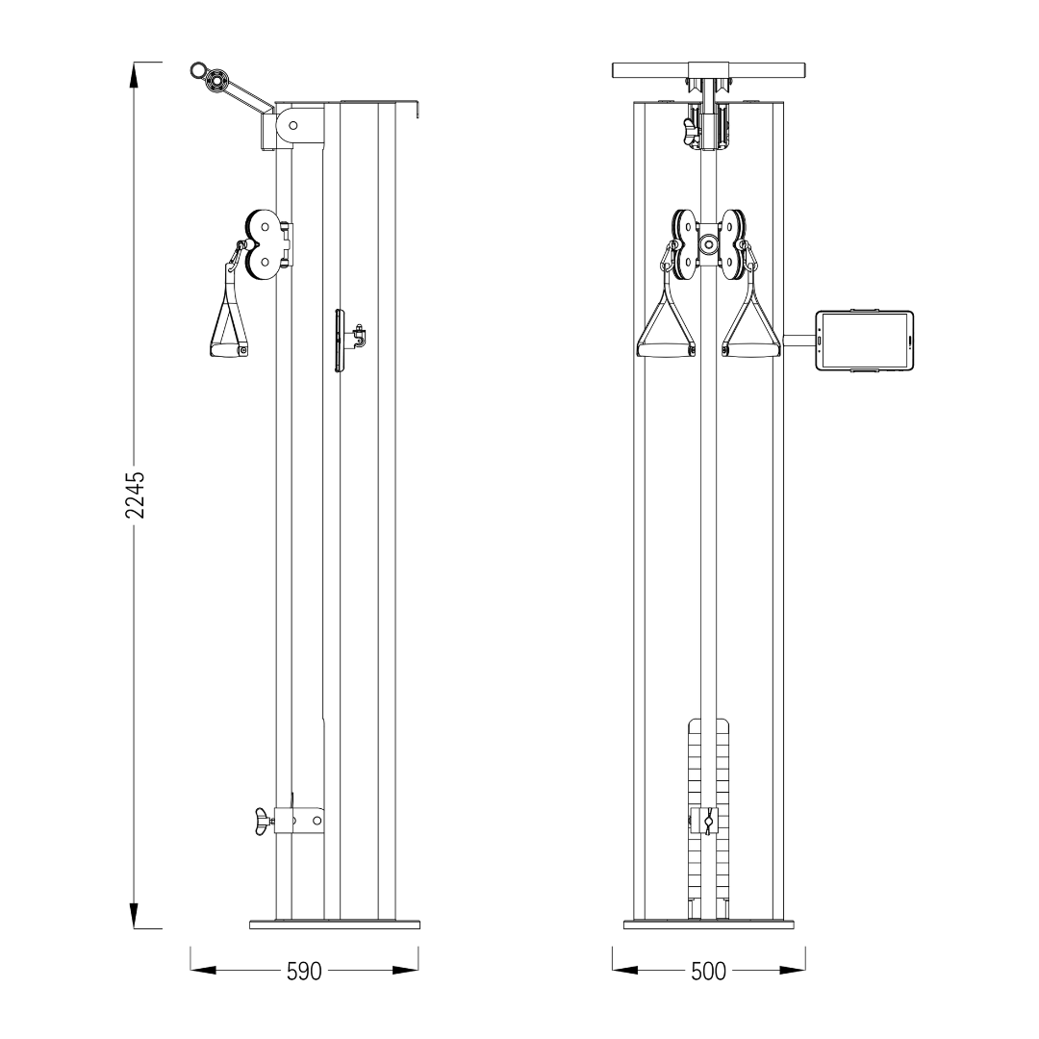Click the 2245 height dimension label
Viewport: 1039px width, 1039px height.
click(x=135, y=494)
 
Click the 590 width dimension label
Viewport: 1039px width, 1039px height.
click(x=304, y=972)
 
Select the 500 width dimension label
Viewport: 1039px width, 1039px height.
click(x=708, y=972)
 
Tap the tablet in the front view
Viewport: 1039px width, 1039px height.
click(x=864, y=341)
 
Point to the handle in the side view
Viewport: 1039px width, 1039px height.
click(x=229, y=311)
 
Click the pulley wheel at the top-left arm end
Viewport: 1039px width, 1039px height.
click(x=216, y=82)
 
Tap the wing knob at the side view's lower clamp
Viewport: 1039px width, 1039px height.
click(x=264, y=822)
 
